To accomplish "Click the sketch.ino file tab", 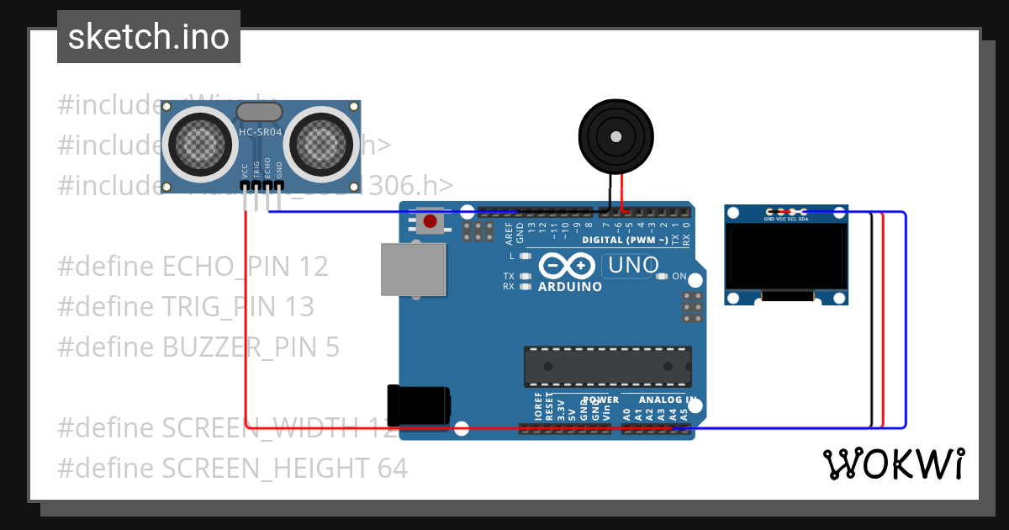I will pos(149,37).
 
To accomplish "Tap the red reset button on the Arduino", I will pos(431,222).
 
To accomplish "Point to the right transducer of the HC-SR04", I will pos(320,140).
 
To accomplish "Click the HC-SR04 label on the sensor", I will pos(259,132).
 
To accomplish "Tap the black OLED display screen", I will pos(786,255).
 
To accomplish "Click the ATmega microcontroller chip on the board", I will pos(608,367).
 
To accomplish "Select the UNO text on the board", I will pos(632,266).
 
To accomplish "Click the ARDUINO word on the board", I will pos(569,286).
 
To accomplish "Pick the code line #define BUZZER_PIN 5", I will pos(198,347).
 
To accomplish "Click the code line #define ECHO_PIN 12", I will pos(193,267).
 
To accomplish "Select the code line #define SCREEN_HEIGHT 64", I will pos(232,468).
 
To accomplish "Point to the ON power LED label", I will pos(679,276).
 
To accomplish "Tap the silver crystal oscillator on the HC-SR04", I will pos(259,111).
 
